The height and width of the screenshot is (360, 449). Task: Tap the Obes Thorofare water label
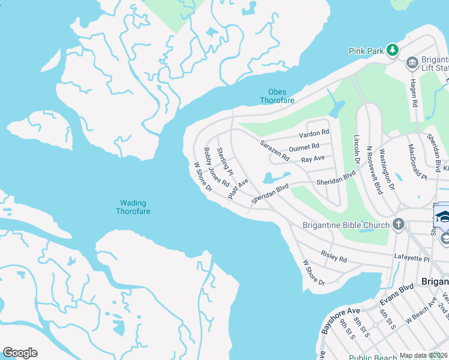click(277, 96)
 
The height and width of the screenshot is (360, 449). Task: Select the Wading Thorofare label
click(133, 207)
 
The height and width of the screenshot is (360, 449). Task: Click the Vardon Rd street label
click(318, 133)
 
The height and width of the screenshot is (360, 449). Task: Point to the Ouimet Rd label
click(304, 146)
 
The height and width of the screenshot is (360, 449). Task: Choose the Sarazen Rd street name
click(274, 151)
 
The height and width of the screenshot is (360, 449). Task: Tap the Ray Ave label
click(312, 159)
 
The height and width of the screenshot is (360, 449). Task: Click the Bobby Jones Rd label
click(217, 167)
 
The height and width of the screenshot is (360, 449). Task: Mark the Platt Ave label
click(238, 188)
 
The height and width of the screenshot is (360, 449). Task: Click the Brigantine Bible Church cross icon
click(398, 225)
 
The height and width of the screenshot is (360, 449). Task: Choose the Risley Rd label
click(334, 257)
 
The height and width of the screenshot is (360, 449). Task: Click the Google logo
click(20, 352)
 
